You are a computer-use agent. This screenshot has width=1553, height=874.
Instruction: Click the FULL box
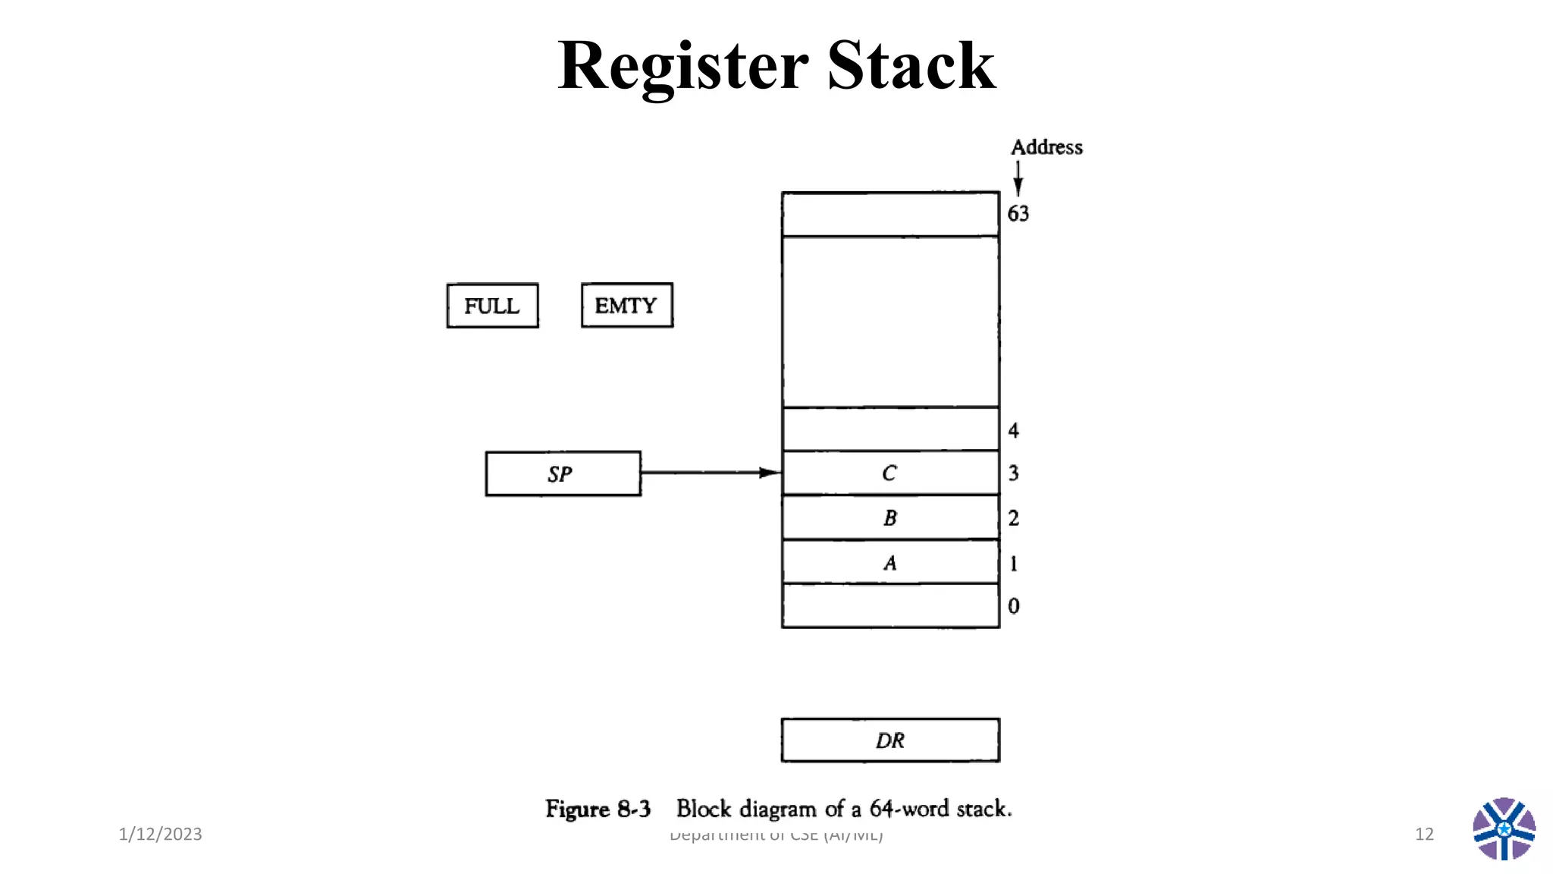(492, 306)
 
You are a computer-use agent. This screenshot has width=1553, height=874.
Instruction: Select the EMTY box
(626, 306)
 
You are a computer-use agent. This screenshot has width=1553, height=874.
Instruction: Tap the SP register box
(563, 474)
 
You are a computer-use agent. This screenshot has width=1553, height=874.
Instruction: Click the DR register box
(890, 740)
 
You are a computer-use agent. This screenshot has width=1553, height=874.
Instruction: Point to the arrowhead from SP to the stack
(769, 473)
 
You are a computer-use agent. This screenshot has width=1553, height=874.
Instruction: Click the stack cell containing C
(889, 473)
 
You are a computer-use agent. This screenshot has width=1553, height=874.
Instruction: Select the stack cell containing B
(889, 518)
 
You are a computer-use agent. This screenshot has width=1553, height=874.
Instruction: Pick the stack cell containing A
(889, 562)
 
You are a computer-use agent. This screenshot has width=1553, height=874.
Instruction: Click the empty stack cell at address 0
(889, 605)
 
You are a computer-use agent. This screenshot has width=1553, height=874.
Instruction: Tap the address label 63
(1018, 214)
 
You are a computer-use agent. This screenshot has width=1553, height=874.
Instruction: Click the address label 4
(1013, 431)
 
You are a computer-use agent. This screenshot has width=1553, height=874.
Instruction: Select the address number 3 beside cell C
(1013, 473)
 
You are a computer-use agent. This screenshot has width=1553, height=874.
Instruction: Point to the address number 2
(1013, 518)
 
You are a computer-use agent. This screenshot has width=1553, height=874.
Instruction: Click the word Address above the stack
(1046, 147)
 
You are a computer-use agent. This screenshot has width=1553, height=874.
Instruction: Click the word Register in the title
(682, 67)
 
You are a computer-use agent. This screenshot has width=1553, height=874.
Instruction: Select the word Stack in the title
(911, 67)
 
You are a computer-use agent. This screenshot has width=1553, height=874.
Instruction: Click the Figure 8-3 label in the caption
(598, 809)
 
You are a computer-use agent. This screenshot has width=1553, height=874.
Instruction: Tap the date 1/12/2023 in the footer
(160, 834)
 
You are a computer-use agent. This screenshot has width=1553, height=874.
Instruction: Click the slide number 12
(1424, 834)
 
